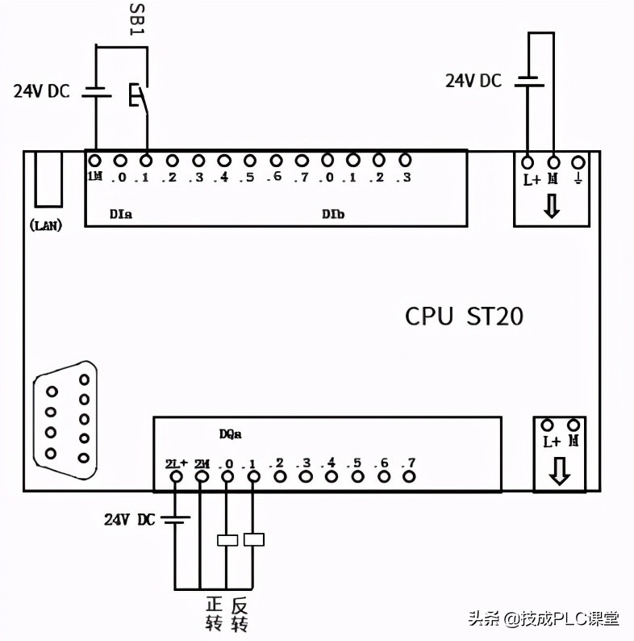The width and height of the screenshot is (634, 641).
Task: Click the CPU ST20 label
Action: click(464, 316)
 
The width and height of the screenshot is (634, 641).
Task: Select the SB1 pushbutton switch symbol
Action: click(138, 96)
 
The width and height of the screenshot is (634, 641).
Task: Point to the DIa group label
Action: click(121, 214)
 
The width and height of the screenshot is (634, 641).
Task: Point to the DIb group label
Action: click(333, 214)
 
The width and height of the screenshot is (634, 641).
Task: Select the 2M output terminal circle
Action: click(201, 477)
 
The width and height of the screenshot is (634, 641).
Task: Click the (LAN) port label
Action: click(46, 225)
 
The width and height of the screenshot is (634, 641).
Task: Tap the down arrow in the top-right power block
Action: click(552, 207)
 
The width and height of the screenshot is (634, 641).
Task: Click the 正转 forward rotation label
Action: click(214, 614)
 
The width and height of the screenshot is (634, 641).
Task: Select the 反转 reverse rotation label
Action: click(239, 614)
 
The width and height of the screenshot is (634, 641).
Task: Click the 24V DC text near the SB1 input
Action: click(41, 91)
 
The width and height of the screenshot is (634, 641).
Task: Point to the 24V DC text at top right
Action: click(473, 81)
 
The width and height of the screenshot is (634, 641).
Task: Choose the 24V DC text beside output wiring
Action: click(129, 519)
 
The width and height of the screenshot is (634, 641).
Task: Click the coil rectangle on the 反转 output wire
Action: click(254, 539)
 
